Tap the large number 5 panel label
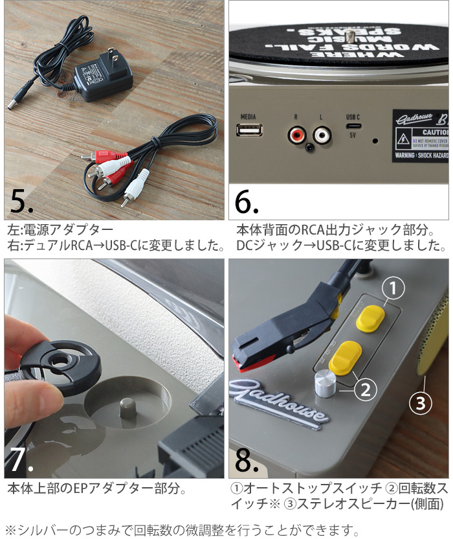click(21, 202)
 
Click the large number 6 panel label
click(247, 202)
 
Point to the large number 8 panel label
click(246, 459)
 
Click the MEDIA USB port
click(249, 132)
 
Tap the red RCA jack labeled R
click(297, 135)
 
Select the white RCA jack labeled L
click(322, 135)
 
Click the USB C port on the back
click(353, 128)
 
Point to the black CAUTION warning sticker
click(420, 136)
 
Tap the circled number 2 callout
click(364, 389)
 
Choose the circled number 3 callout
click(421, 404)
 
